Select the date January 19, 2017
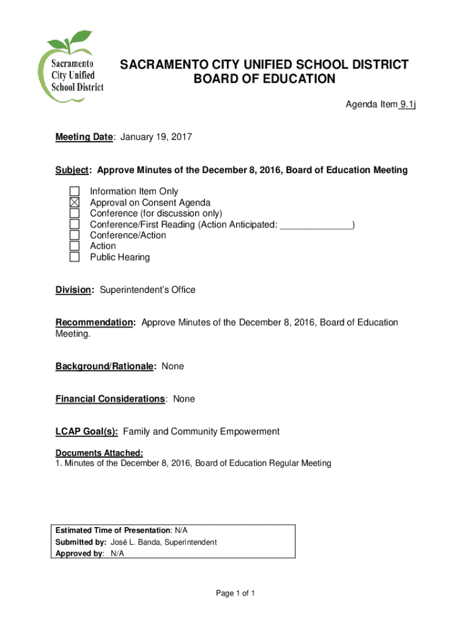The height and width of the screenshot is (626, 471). click(x=156, y=138)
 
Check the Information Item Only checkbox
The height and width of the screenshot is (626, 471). click(x=75, y=192)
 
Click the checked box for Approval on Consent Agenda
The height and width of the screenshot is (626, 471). click(x=75, y=203)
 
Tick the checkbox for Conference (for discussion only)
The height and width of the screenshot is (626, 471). click(x=75, y=214)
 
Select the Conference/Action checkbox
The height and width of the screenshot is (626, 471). click(x=75, y=235)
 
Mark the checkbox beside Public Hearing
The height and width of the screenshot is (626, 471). click(x=75, y=257)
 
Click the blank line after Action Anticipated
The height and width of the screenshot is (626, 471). click(x=316, y=225)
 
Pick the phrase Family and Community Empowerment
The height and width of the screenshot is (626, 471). click(x=201, y=432)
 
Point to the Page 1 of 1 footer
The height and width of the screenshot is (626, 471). click(x=236, y=594)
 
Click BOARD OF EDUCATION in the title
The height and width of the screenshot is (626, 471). click(x=264, y=79)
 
